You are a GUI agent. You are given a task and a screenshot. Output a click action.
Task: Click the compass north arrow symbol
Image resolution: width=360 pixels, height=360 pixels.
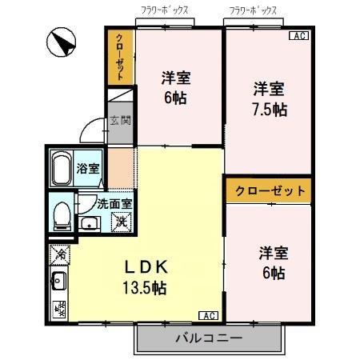(60, 41)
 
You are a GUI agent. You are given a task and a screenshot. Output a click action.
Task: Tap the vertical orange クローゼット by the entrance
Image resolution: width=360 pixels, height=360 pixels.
(119, 56)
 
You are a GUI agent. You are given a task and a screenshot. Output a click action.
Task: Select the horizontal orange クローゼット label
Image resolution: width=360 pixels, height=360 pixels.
(267, 191)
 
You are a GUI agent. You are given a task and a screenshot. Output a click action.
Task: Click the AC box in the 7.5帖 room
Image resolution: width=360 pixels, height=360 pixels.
(298, 37)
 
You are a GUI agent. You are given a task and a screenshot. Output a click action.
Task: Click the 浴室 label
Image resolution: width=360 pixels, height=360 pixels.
(88, 169)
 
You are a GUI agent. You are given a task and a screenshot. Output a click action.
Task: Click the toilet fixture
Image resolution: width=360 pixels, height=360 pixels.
(61, 215)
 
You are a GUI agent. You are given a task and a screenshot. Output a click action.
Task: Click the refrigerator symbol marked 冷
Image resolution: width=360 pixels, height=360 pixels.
(60, 254)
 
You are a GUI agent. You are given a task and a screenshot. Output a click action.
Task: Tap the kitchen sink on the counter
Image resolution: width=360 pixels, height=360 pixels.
(58, 281)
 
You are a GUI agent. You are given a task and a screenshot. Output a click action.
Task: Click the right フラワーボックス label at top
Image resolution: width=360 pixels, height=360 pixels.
(253, 10)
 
